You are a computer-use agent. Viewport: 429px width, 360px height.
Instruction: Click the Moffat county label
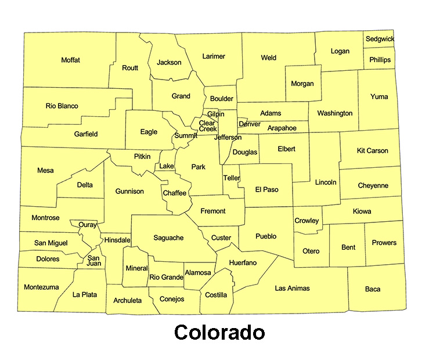point(70,60)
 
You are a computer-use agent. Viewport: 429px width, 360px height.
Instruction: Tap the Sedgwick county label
point(379,39)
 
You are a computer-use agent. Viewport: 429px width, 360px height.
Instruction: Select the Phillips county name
point(380,59)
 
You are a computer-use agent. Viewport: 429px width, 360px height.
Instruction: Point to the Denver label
point(250,124)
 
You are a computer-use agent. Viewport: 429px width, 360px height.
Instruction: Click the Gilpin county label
point(215,114)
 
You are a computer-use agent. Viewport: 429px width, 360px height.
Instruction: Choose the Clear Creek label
point(207,126)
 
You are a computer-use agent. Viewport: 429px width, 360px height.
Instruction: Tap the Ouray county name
point(88,225)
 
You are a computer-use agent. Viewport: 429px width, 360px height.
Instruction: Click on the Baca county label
point(373,289)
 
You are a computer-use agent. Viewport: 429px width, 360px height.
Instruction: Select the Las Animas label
point(292,288)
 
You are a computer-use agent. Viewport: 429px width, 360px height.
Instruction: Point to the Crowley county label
point(307,221)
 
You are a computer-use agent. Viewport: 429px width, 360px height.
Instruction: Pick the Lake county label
point(166,166)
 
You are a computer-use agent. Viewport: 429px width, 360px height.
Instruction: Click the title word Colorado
point(219,333)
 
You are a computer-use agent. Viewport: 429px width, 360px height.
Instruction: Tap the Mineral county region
point(136,268)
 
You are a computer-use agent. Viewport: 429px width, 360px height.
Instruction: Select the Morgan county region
point(302,84)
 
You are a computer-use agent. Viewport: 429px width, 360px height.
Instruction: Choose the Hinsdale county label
point(117,240)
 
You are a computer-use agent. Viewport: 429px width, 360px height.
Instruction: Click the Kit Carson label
point(372,150)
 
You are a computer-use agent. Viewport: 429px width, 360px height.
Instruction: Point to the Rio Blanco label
point(62,106)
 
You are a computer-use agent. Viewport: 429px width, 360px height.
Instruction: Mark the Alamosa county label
point(198,272)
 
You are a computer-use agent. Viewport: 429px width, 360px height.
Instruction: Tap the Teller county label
point(231,178)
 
